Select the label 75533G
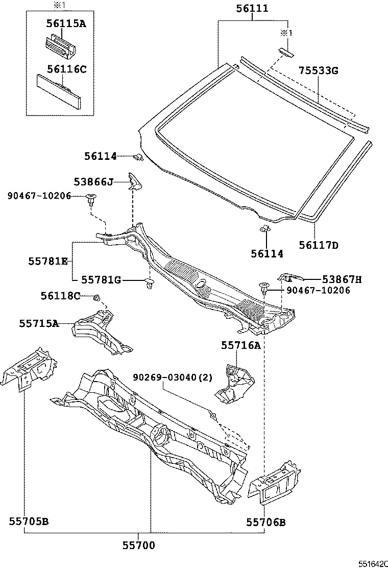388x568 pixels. coord(318,71)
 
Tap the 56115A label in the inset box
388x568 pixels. coord(67,23)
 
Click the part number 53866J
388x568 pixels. coord(93,181)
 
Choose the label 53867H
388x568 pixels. coord(342,279)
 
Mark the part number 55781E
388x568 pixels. coord(48,261)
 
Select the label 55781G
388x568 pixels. coord(101,279)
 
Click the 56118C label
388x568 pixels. coord(61,296)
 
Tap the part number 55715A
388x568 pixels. coord(39,323)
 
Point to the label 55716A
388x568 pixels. coord(240,346)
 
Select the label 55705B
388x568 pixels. coord(29,522)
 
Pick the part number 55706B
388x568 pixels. coord(266,522)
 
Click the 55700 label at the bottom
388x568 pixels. coord(139,546)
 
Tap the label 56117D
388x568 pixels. coord(319,246)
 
